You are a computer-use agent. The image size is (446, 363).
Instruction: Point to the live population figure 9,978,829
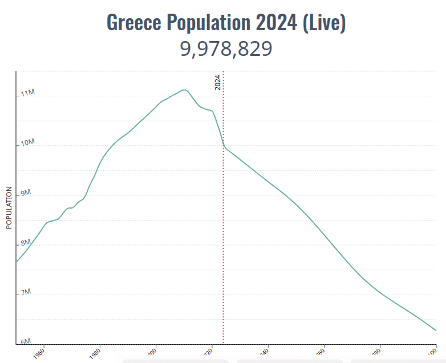[x=226, y=49]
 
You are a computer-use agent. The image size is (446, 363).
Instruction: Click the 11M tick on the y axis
[x=27, y=93]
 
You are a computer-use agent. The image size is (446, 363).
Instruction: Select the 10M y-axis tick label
[x=27, y=142]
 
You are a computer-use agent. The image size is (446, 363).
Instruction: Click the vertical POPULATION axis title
[x=9, y=208]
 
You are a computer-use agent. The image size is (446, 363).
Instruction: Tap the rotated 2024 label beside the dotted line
[x=217, y=83]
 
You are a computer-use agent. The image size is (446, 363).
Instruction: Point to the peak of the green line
[x=184, y=89]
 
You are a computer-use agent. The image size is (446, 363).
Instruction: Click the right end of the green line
[x=436, y=331]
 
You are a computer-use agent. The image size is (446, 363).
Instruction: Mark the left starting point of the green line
[x=17, y=262]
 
